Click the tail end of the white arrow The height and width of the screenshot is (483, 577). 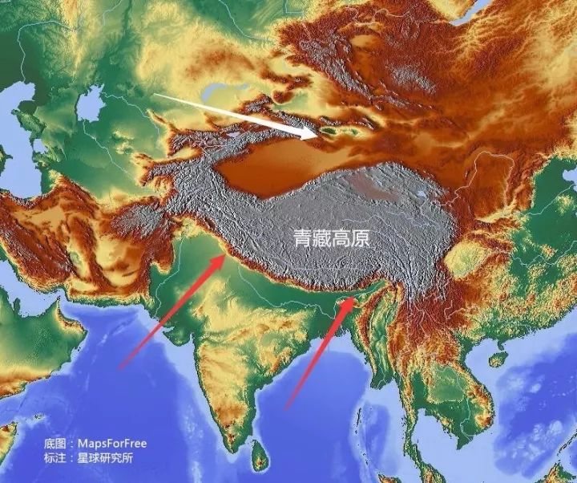point(155,95)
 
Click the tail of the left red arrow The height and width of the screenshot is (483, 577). point(120,367)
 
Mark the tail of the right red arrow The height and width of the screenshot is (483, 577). point(287,408)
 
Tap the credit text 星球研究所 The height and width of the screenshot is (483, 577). point(104,459)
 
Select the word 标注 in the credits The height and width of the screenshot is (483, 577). point(54,459)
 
